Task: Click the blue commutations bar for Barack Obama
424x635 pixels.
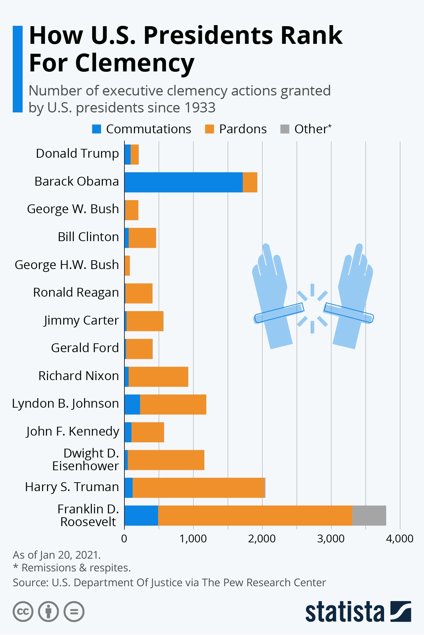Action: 183,182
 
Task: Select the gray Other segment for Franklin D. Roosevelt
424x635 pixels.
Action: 369,515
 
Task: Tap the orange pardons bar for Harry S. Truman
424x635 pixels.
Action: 199,488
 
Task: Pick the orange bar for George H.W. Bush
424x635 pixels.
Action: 127,266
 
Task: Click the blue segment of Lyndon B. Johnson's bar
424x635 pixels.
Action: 132,404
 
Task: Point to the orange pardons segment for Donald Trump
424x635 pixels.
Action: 135,155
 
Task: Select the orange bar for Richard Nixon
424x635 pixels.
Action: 158,377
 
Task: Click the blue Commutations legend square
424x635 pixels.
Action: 96,129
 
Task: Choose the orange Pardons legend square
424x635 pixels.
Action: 210,129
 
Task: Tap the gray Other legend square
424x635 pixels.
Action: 285,129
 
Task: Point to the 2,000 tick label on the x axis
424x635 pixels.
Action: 262,538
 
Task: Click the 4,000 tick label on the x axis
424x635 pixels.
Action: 400,538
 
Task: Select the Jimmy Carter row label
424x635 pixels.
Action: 81,320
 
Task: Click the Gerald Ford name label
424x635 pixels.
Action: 85,348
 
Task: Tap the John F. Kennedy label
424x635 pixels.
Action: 72,431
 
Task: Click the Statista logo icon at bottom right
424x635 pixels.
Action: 401,611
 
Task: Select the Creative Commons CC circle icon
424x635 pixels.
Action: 23,612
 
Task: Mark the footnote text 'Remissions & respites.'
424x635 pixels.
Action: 76,568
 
